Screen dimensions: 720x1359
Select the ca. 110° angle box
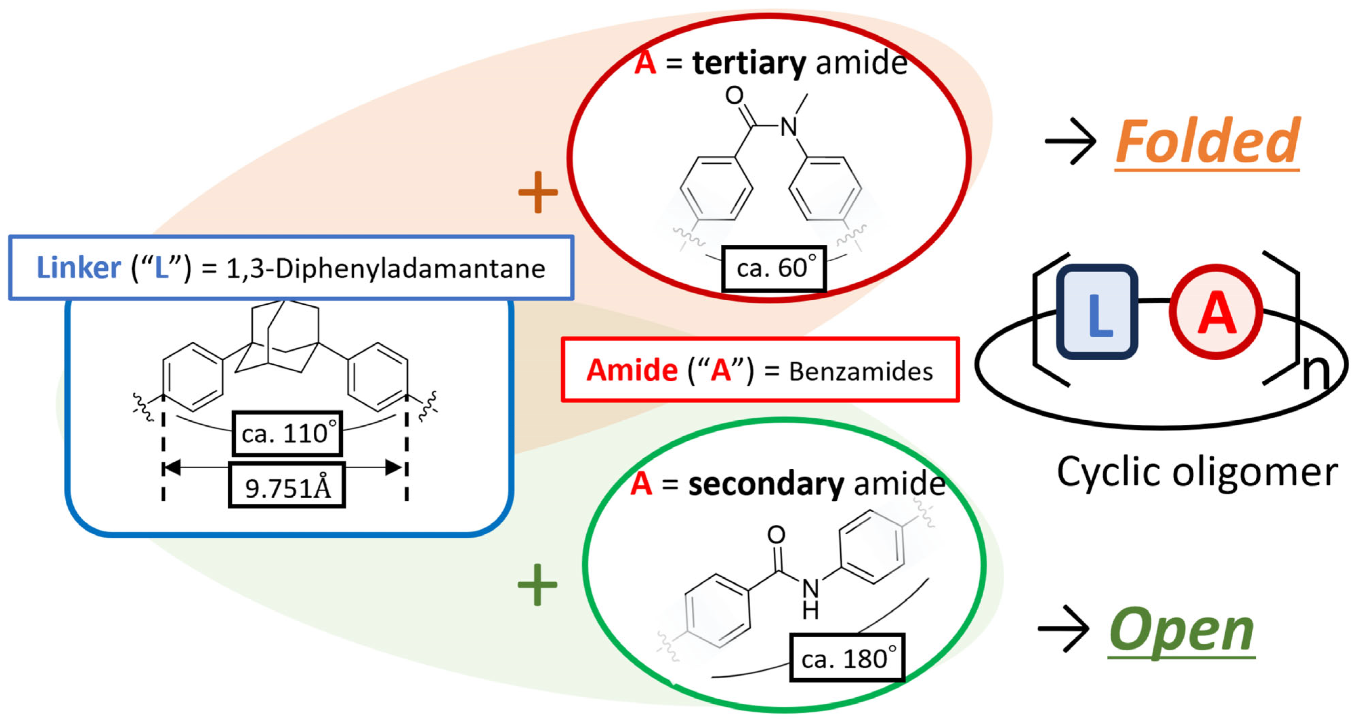point(287,433)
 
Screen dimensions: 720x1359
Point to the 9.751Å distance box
point(287,486)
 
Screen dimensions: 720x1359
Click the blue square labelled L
point(1097,312)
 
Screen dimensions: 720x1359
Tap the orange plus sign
point(538,192)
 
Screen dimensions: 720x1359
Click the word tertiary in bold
point(749,63)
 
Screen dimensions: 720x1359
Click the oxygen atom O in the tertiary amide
point(734,96)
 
